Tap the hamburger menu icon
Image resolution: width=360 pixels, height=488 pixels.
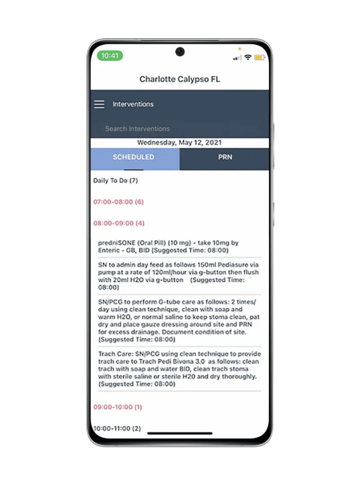99,104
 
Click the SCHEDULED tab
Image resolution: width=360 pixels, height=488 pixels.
133,158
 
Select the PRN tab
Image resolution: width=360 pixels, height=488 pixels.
225,158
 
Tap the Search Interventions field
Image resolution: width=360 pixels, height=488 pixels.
138,128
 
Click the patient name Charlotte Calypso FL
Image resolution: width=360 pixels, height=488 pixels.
179,80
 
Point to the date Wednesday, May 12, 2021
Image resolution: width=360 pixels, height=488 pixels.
179,143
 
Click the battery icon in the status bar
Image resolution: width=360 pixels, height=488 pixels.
259,57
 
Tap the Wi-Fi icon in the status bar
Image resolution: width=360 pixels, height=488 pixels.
248,57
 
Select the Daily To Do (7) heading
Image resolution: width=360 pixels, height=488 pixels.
115,180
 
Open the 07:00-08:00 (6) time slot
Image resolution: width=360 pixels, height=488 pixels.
118,202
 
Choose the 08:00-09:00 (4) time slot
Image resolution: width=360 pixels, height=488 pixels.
118,223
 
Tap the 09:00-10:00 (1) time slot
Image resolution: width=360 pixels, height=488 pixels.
118,407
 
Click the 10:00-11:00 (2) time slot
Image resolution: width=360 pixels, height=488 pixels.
117,428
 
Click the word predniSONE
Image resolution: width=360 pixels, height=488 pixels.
117,243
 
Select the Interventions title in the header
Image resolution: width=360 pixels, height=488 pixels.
133,104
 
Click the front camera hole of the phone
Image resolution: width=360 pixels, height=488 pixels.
180,52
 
